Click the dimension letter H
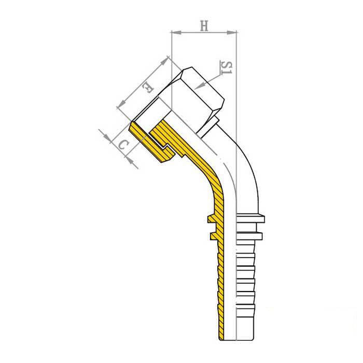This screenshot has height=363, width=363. coord(204,26)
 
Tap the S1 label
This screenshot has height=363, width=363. coord(226,67)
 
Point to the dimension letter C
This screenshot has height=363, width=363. coord(123,145)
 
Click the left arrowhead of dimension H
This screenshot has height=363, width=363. coord(176,33)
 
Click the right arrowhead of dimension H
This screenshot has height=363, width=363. coord(232,33)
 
